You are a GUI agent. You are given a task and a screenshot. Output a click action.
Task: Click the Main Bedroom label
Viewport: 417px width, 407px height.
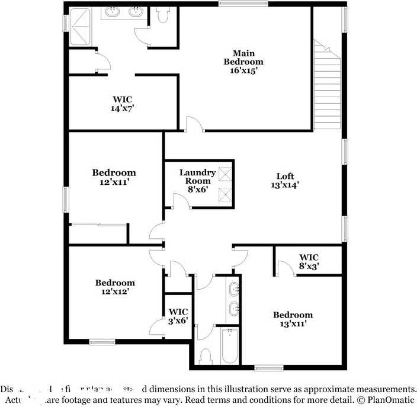[x=243, y=57]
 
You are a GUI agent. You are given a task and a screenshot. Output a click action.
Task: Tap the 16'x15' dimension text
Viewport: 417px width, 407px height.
[x=243, y=70]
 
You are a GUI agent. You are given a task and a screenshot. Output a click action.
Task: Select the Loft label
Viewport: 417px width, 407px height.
[x=285, y=176]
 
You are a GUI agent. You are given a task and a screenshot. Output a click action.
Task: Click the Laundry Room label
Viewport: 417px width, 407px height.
[x=197, y=177]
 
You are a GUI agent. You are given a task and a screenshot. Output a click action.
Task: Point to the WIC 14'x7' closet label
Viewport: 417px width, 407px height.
[x=122, y=104]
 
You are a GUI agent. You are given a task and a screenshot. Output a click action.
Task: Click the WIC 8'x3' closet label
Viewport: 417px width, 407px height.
[x=309, y=262]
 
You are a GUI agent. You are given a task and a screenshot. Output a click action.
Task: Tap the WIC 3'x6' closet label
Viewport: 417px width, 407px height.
[x=178, y=316]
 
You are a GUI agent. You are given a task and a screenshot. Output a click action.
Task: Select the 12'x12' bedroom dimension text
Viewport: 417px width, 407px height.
[x=115, y=291]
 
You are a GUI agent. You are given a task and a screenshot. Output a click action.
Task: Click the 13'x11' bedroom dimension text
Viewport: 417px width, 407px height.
[x=293, y=323]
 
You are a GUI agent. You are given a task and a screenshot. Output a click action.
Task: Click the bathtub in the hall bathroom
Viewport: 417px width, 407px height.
[x=229, y=347]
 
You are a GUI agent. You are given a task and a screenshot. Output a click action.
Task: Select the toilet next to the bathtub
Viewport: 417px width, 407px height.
[x=206, y=355]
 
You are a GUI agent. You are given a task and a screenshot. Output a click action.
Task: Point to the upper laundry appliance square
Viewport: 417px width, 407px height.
[x=225, y=173]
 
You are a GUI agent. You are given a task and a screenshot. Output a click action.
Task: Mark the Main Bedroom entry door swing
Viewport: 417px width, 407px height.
[x=195, y=123]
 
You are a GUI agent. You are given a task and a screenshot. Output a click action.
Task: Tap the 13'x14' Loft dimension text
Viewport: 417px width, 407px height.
[x=285, y=185]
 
